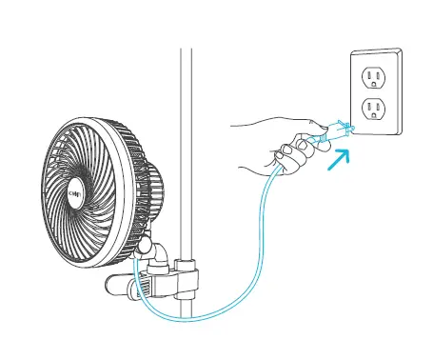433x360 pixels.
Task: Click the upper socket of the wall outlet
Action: tap(375, 76)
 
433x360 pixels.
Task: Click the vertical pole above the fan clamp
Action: tap(187, 114)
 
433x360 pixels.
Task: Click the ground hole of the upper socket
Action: tap(375, 87)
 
